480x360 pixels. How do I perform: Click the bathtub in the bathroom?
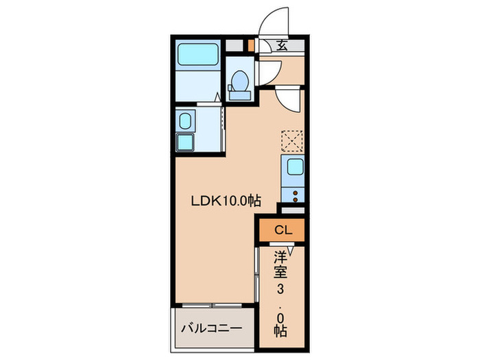pos(198,54)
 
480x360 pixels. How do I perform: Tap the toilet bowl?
pos(239,82)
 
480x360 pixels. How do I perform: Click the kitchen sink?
pos(296,167)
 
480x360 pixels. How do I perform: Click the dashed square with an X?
pos(293,141)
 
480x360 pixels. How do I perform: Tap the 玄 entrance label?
pos(283,47)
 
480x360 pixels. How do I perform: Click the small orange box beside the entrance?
pos(252,47)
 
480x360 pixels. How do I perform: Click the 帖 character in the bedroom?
pos(280,330)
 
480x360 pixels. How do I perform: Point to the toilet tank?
pos(239,95)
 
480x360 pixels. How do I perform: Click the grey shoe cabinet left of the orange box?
pos(235,47)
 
